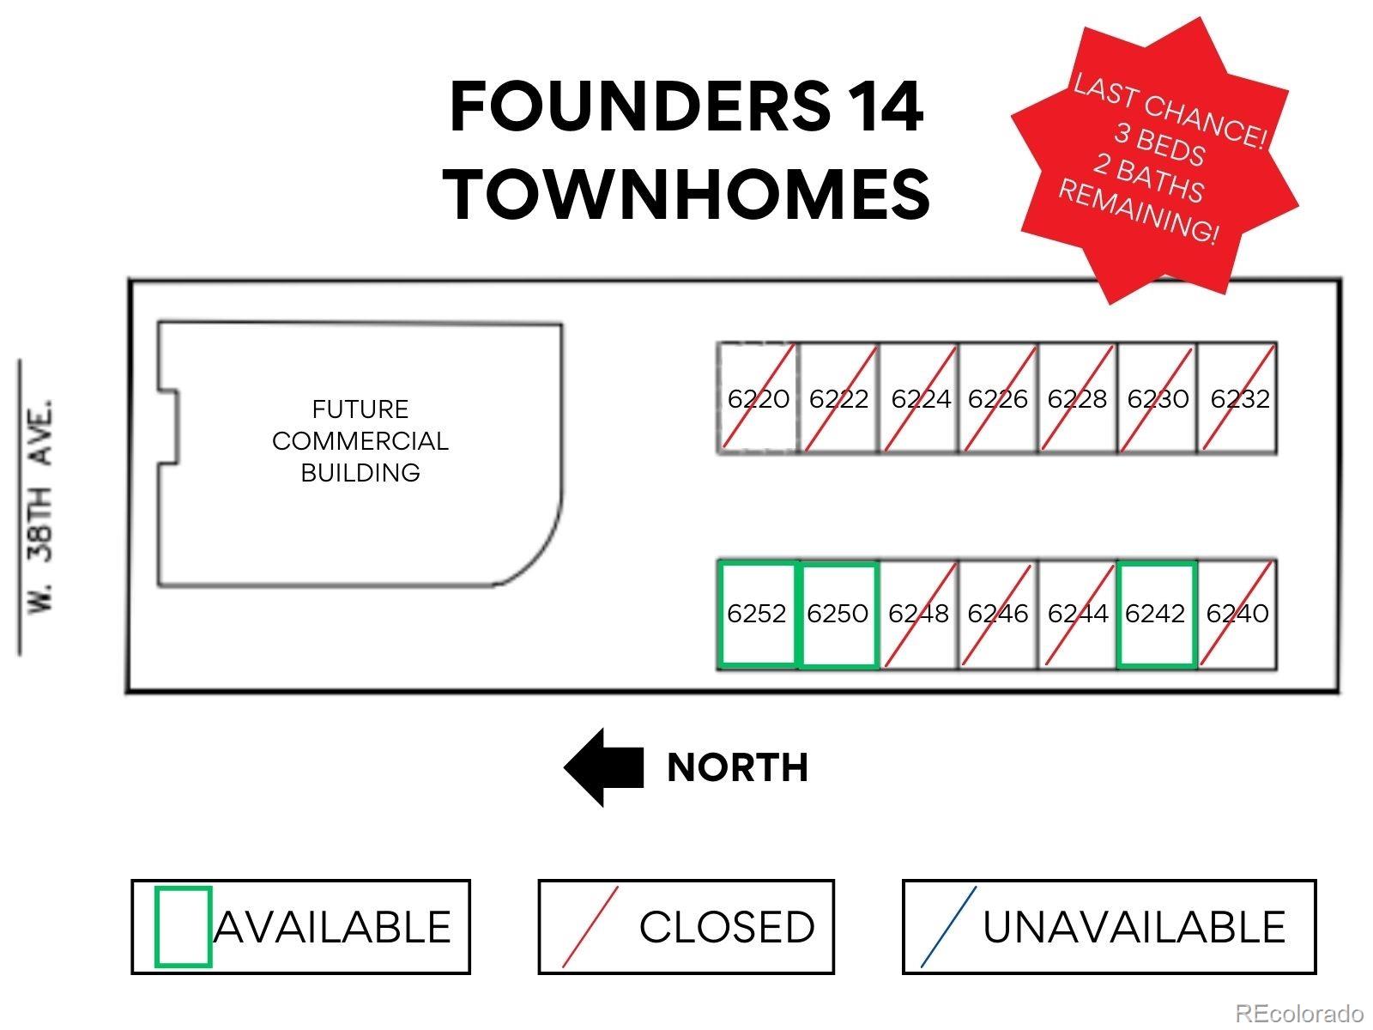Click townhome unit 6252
[x=757, y=614]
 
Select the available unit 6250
[x=838, y=614]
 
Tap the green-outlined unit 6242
[x=1157, y=614]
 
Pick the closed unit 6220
[x=758, y=397]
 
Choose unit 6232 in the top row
[x=1238, y=397]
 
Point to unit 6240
[x=1237, y=614]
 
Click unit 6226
[x=998, y=397]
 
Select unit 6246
[x=998, y=614]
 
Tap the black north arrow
[x=603, y=767]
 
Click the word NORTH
[x=737, y=767]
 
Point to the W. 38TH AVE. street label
[x=40, y=506]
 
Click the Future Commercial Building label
[x=360, y=441]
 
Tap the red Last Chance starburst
[x=1154, y=161]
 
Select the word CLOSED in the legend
[x=727, y=927]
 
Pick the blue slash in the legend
[x=948, y=927]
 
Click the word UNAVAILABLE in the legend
[x=1134, y=927]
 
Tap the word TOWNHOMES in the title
[x=686, y=194]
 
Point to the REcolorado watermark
[x=1298, y=1013]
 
